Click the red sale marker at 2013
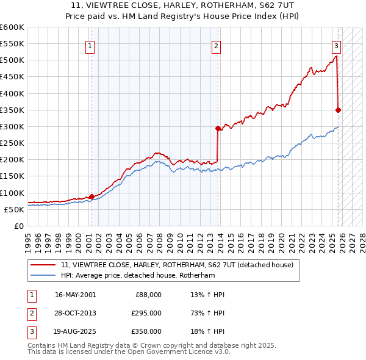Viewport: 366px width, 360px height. [218, 128]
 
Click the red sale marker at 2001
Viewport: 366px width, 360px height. [91, 196]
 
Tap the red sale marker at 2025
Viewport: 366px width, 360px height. [338, 110]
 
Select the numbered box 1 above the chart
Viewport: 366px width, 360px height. [90, 45]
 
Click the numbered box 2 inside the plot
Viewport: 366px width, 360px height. [216, 45]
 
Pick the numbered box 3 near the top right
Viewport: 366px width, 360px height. [336, 45]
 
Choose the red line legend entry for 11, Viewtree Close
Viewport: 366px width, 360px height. [177, 265]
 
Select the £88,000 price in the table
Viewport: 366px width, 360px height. [148, 295]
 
